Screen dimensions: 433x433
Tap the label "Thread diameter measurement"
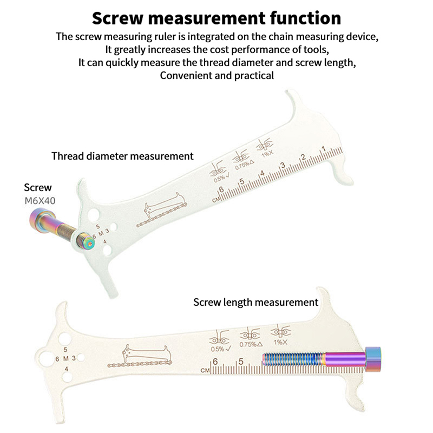point(122,156)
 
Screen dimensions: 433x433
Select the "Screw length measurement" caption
point(255,302)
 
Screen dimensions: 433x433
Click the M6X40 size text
point(40,201)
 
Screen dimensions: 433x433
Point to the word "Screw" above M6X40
point(38,188)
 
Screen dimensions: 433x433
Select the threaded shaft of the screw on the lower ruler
point(292,359)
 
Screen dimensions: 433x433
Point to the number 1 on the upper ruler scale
point(323,149)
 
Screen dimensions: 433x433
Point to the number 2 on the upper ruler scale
point(303,158)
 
